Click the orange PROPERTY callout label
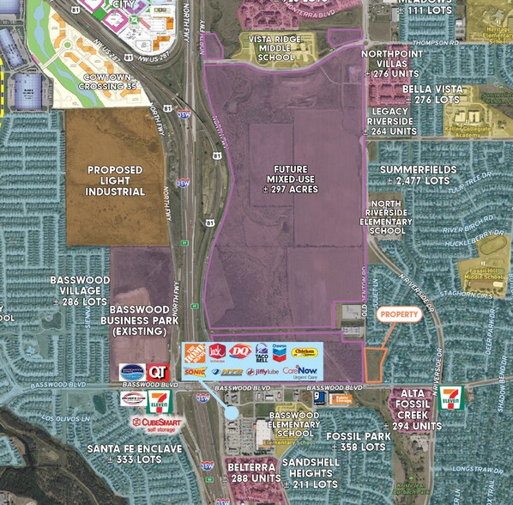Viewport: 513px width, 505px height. click(399, 315)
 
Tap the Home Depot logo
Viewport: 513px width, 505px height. click(196, 352)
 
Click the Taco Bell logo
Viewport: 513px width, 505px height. click(261, 351)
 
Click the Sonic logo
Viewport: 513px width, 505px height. click(195, 371)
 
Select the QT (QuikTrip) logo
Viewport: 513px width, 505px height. click(156, 371)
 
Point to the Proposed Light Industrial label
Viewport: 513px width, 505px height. click(114, 180)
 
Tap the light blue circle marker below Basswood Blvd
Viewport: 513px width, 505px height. click(232, 413)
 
